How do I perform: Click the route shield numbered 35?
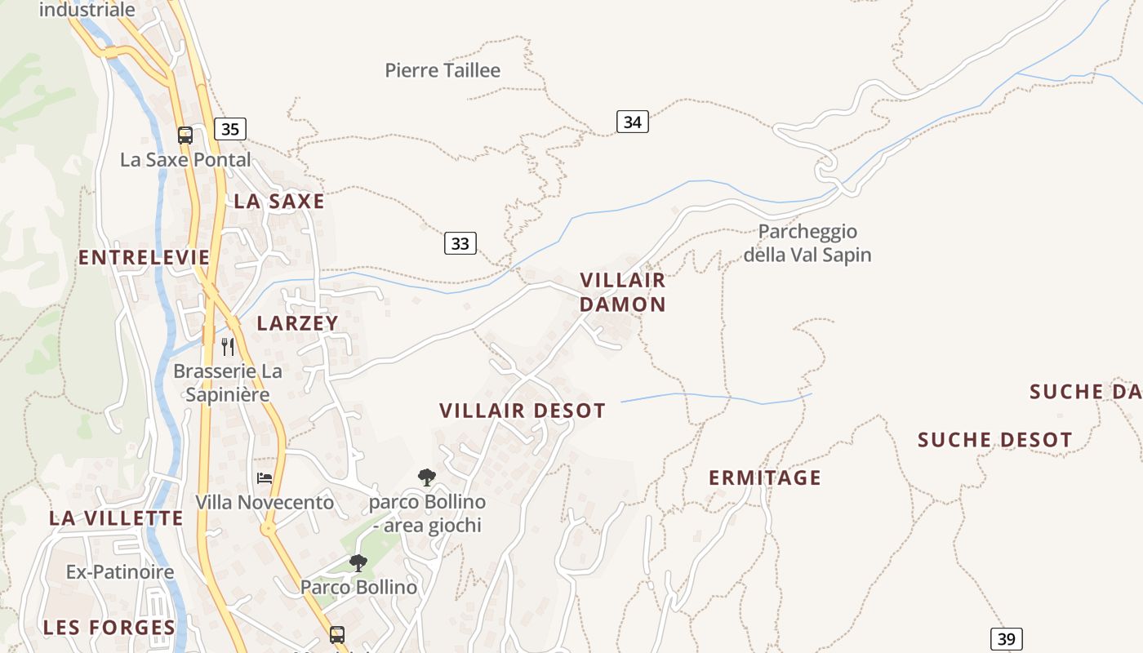coord(230,129)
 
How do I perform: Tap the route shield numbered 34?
coord(632,122)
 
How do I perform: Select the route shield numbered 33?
coord(460,243)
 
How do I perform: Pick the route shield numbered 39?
coord(1007,639)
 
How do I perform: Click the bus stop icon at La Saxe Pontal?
coord(185,135)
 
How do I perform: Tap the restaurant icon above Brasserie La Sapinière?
coord(228,347)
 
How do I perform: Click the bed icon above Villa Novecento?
coord(265,478)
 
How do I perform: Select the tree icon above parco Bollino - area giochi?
coord(426,477)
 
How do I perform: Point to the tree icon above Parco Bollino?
coord(358,562)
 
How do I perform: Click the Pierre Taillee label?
coord(443,70)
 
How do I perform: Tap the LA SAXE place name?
coord(279,202)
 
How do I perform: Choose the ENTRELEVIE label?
coord(145,258)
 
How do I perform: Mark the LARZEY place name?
coord(297,323)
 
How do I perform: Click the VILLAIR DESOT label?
coord(523,411)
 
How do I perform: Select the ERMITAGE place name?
coord(764,478)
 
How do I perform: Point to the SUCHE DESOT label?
coord(994,441)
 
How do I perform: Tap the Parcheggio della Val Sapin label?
coord(807,243)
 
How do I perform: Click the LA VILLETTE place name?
coord(116,518)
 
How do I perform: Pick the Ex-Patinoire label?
coord(120,571)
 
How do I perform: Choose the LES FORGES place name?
coord(109,628)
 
